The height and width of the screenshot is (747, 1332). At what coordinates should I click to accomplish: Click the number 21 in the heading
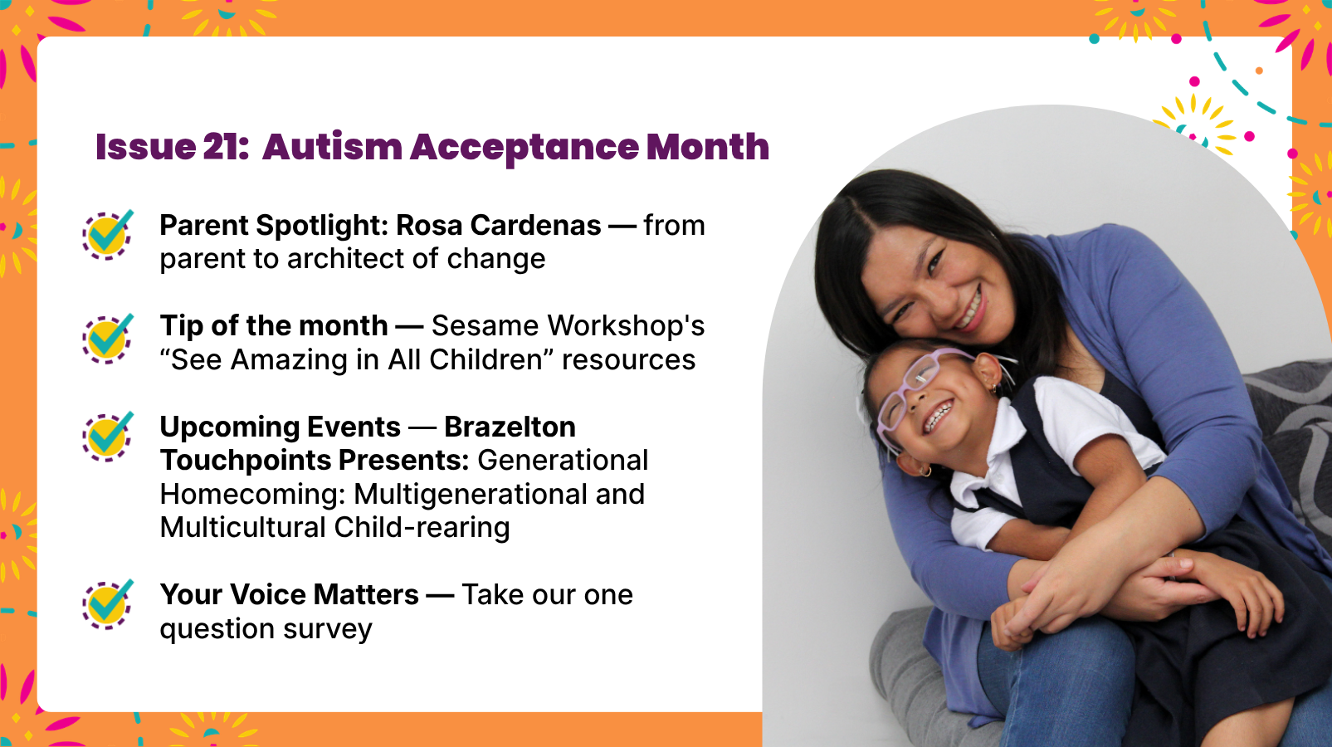click(x=226, y=147)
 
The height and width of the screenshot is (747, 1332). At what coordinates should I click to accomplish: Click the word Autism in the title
click(x=333, y=147)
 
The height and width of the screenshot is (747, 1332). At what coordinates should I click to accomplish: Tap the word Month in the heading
click(x=708, y=147)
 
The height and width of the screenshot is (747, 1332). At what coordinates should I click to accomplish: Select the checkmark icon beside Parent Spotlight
click(x=108, y=235)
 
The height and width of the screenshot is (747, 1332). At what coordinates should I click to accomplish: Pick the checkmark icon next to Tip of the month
click(x=108, y=339)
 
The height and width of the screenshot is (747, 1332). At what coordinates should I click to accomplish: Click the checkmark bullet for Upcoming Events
click(x=108, y=437)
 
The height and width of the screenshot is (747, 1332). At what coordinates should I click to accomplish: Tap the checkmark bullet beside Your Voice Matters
click(x=108, y=604)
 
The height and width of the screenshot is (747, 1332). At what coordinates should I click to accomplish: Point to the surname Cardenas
click(x=536, y=226)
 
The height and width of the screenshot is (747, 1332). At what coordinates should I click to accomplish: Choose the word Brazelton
click(x=510, y=427)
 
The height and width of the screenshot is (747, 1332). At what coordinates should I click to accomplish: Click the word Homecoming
click(x=253, y=494)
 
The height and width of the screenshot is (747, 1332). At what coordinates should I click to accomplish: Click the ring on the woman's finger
click(x=1172, y=557)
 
